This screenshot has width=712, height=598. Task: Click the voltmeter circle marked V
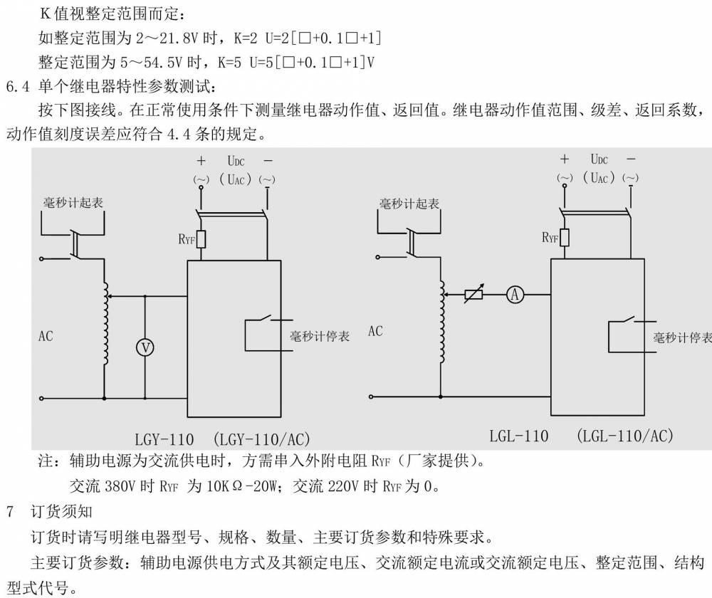click(x=145, y=348)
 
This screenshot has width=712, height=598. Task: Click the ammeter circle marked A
click(x=515, y=295)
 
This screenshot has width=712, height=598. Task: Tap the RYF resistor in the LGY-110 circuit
click(x=201, y=238)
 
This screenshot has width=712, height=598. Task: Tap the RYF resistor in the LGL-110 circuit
click(x=565, y=238)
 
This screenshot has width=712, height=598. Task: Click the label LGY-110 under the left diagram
click(x=164, y=439)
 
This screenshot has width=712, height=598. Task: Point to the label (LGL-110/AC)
click(x=625, y=436)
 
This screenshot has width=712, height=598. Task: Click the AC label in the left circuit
click(x=46, y=337)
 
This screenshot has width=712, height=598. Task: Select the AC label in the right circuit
click(x=375, y=331)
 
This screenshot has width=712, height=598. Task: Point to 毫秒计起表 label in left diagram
click(x=73, y=202)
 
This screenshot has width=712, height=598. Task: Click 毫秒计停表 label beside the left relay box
click(x=320, y=337)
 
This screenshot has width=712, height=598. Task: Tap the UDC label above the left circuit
click(x=236, y=161)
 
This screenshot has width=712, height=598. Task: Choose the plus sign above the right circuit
click(x=565, y=159)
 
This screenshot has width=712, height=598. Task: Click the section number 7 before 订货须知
click(x=10, y=512)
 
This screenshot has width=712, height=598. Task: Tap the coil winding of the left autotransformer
click(x=105, y=323)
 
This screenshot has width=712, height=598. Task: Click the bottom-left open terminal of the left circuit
click(x=41, y=398)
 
